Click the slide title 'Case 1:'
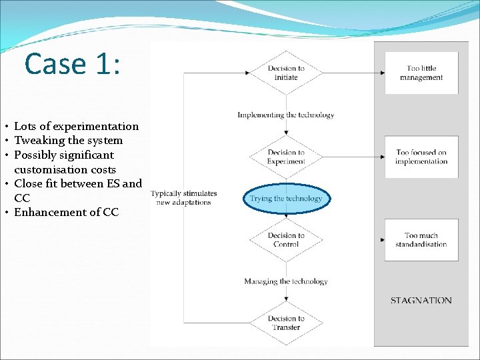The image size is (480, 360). [72, 64]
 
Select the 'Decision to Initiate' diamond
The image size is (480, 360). [286, 73]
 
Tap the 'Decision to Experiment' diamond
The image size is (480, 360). [286, 157]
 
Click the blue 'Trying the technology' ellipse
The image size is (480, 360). [286, 198]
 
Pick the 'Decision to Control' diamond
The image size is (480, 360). [286, 239]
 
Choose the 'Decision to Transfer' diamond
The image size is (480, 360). [286, 323]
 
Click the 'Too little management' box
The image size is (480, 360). [421, 73]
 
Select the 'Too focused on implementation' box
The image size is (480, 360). [421, 157]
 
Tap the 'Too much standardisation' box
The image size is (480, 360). [421, 239]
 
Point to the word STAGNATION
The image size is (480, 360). [421, 300]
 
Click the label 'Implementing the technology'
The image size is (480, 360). [286, 115]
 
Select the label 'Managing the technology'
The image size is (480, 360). [286, 281]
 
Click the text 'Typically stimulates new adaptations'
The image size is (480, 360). [183, 198]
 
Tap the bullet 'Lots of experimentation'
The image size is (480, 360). [76, 126]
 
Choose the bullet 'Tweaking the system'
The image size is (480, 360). [68, 140]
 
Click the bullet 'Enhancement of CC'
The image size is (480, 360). [66, 212]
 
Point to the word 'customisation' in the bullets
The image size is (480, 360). [47, 169]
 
